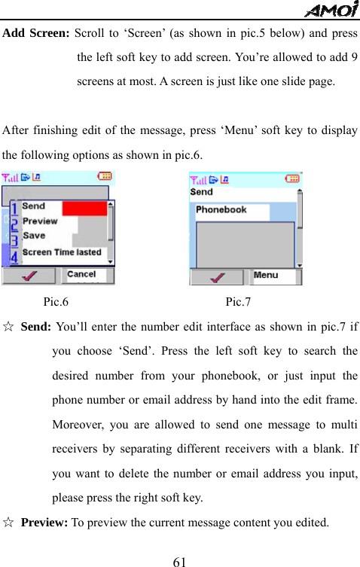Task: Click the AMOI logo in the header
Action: click(331, 9)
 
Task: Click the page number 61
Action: click(179, 561)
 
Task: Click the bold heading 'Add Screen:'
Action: click(36, 33)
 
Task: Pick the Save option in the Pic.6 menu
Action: click(34, 236)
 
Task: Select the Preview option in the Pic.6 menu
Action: click(40, 221)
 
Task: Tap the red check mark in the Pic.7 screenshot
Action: click(217, 276)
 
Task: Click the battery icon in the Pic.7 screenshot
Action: click(292, 178)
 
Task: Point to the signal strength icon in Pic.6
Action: click(11, 178)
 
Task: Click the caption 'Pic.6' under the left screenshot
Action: click(56, 303)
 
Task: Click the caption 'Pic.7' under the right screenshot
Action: click(239, 303)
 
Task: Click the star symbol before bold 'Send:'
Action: click(8, 328)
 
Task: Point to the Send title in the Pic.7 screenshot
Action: click(202, 192)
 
